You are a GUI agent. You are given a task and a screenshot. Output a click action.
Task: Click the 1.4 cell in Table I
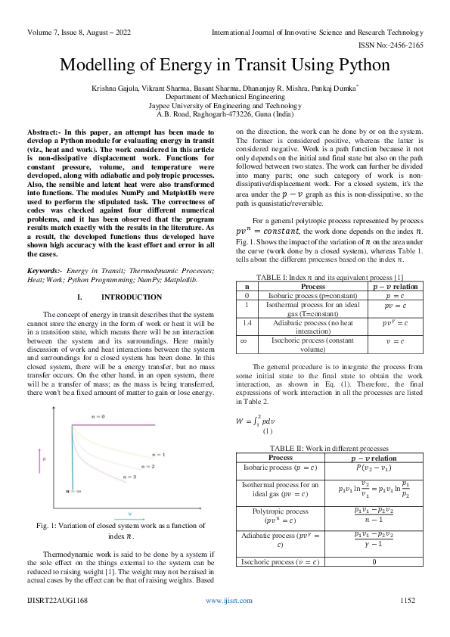pos(245,322)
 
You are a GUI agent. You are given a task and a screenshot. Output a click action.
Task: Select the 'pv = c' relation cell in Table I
pos(390,306)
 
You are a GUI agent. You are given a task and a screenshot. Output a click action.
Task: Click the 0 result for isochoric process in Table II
pos(374,562)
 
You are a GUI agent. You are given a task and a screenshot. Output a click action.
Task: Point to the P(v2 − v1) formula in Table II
pos(374,467)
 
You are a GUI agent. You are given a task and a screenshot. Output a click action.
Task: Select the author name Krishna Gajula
pos(116,88)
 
